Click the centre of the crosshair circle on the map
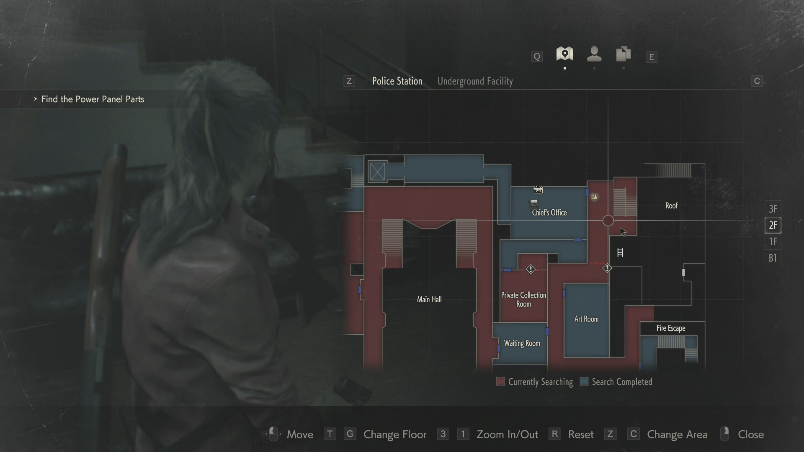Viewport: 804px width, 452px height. pos(608,221)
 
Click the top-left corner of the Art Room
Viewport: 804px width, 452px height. pos(564,284)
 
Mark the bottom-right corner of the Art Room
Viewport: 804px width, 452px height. pos(609,357)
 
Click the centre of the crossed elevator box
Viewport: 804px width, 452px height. pos(377,171)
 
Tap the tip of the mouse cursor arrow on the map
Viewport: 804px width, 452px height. pos(620,228)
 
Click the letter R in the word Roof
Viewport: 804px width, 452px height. pos(667,205)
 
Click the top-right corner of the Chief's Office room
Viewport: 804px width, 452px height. pos(587,187)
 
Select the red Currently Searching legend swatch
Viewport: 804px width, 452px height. pos(500,381)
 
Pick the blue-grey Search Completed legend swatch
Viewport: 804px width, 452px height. pos(584,381)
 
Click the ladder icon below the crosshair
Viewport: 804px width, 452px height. pos(620,252)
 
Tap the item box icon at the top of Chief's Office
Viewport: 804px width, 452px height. pos(538,190)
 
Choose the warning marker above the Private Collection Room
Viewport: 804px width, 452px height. pos(531,269)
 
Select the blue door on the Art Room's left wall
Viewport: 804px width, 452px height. pos(564,293)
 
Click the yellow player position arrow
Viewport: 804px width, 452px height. pos(594,196)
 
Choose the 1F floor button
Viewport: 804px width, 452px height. pos(773,241)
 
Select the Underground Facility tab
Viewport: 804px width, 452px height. pos(475,81)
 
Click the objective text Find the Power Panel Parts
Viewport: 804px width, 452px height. pos(93,99)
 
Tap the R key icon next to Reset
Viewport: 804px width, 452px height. pos(554,434)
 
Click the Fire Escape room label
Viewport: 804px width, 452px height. pos(671,328)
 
